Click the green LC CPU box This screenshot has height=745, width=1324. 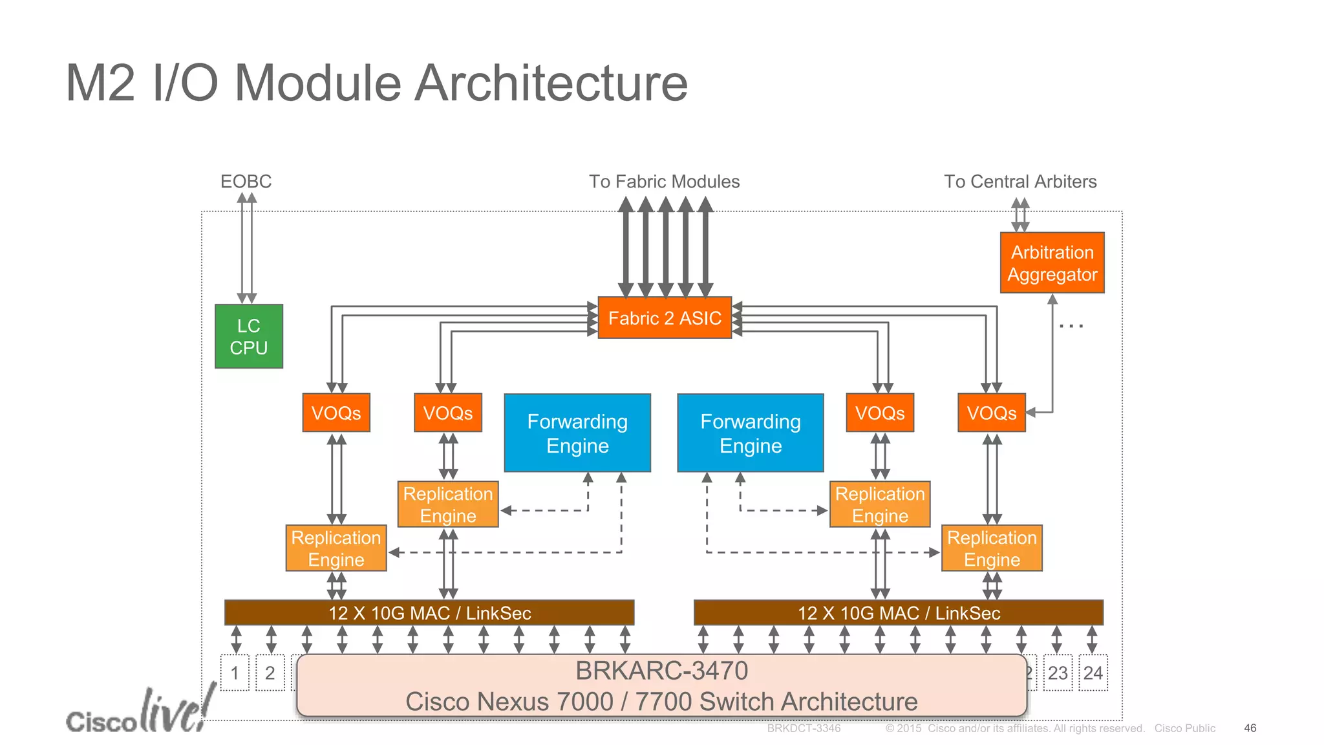(248, 336)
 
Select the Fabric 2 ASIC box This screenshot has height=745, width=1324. (665, 318)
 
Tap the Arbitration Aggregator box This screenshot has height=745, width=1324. (1052, 263)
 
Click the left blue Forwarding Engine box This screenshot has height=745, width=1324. (577, 433)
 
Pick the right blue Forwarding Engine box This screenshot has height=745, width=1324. (751, 433)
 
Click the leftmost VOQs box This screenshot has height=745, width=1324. (336, 413)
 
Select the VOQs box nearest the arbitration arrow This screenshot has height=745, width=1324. (991, 413)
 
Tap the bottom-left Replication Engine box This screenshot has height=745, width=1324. (336, 548)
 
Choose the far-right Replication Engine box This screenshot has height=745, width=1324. (992, 548)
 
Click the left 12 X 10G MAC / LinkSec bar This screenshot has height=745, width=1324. (429, 612)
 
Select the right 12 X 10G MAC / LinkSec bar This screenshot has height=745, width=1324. (899, 612)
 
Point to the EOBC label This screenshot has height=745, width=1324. (246, 181)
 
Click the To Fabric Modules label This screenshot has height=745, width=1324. (664, 182)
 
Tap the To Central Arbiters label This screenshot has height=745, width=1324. (1020, 182)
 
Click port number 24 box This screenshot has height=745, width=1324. (1093, 673)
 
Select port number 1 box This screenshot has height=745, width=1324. (235, 673)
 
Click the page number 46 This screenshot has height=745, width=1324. (1250, 728)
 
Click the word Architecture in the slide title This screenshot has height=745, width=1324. (550, 83)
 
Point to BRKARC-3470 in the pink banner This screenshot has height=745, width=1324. (661, 671)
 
